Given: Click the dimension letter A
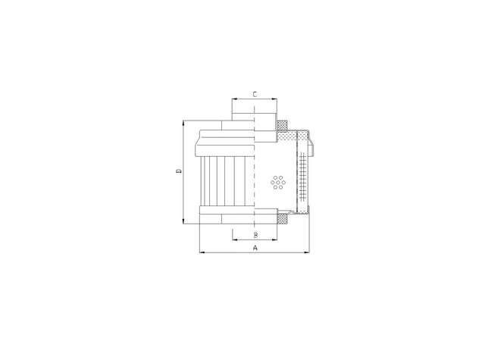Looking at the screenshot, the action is (x=255, y=247).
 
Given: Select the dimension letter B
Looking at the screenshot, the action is (x=256, y=235).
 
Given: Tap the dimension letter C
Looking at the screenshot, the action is (x=255, y=94).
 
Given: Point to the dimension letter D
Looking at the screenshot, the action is (x=179, y=171).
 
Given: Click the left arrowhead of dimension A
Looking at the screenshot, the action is (x=202, y=252).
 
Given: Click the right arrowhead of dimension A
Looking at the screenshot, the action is (x=307, y=252).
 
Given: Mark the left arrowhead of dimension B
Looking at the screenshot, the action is (x=235, y=239).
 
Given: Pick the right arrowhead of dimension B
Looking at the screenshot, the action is (x=274, y=239).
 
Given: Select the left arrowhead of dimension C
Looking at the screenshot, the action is (x=235, y=99).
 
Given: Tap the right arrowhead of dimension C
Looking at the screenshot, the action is (x=274, y=99).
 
